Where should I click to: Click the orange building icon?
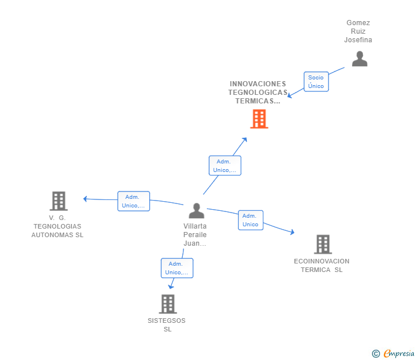coord(259,119)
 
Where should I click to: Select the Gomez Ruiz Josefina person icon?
coord(359,59)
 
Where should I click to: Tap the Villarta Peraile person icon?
coord(196,211)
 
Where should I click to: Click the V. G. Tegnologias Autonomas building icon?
coord(58,201)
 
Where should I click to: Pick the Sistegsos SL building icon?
coord(167,304)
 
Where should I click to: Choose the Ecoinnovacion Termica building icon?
coord(323,244)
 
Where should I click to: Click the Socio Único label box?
coord(316,82)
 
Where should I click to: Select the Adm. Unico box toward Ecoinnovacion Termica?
coord(250,220)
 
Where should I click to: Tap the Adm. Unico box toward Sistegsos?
coord(177,268)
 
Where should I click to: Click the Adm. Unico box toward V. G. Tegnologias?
coord(134,201)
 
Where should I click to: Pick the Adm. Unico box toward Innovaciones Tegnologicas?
coord(225,166)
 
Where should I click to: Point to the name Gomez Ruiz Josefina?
coord(358,31)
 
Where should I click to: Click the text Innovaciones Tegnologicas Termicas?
coord(258,93)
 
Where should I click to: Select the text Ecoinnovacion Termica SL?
coord(322,266)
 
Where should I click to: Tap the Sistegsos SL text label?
coord(167,325)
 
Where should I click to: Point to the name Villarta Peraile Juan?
coord(195,235)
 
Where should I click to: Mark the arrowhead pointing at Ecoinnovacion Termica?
coord(292,232)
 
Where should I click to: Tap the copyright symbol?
coord(376,354)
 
